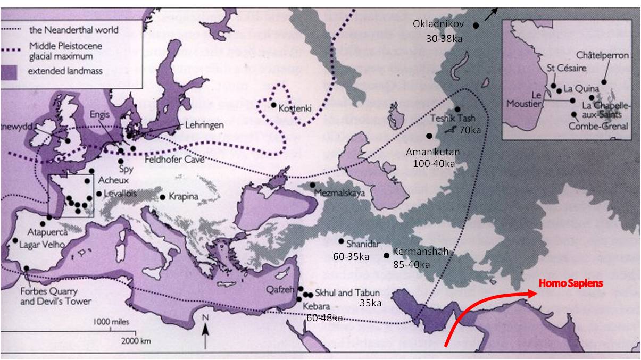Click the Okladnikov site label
(439, 24)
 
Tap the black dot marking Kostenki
(273, 105)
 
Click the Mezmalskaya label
(340, 194)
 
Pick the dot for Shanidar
(341, 241)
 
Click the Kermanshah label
(420, 252)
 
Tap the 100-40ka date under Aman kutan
(434, 163)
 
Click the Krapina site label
(183, 197)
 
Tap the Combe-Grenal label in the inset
(598, 126)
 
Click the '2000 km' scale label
(134, 340)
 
